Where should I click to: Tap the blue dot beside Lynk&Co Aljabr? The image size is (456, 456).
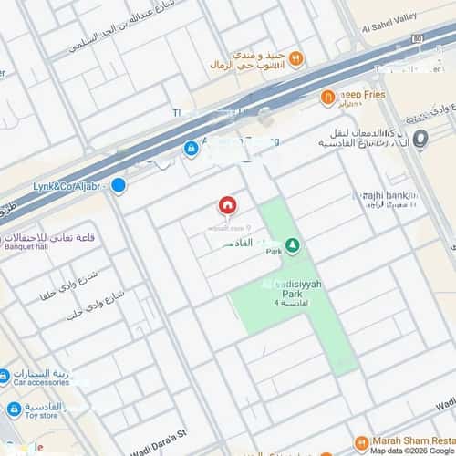point(119,185)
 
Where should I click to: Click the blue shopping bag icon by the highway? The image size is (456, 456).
point(191,148)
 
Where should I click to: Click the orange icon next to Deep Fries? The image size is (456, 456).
point(327,98)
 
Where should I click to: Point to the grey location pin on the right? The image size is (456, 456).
point(420,139)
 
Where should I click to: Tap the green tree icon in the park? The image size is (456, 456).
point(292,245)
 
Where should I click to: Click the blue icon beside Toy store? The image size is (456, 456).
point(14,409)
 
